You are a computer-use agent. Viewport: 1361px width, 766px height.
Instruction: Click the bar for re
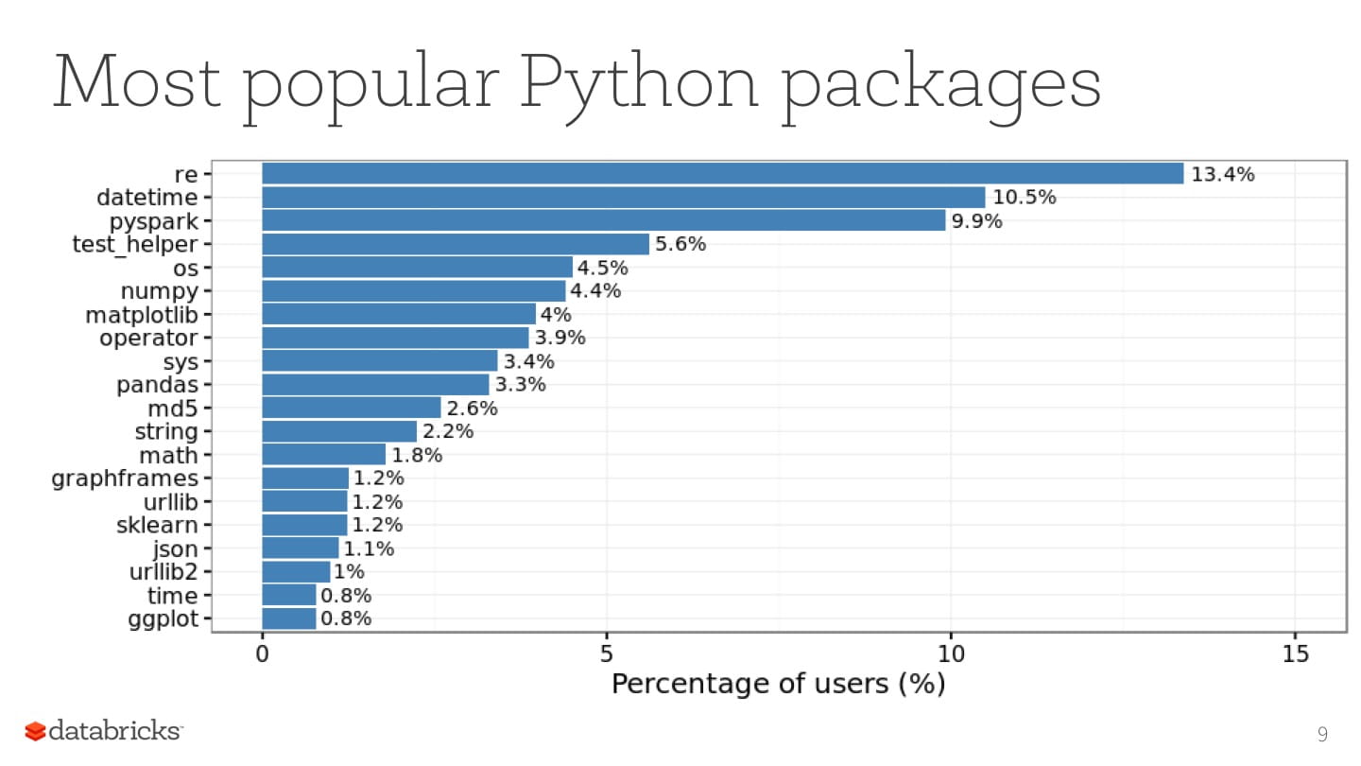pos(722,174)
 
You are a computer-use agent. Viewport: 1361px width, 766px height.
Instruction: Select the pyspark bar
pos(603,220)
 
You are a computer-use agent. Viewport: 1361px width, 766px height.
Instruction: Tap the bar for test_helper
pos(456,244)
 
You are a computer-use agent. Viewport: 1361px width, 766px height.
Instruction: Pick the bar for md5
pos(352,408)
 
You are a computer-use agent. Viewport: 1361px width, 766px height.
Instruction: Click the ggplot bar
pos(289,619)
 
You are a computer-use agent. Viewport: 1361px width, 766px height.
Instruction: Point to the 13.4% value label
pos(1222,174)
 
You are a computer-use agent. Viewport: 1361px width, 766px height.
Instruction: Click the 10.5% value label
pos(1024,198)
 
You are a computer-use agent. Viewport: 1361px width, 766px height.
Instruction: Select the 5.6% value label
pos(680,244)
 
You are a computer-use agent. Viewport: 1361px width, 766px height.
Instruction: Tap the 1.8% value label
pos(417,455)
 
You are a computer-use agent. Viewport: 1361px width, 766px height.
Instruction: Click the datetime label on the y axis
pos(147,198)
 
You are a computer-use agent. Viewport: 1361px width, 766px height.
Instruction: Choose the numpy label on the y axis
pos(159,291)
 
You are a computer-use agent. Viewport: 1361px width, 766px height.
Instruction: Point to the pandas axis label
pos(157,385)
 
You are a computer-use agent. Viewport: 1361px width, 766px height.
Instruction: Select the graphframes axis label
pos(125,479)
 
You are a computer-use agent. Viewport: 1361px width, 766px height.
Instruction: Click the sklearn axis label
pos(157,525)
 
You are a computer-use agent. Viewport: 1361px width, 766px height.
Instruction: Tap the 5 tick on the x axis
pos(607,653)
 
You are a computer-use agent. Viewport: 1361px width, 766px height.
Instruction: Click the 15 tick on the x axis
pos(1296,653)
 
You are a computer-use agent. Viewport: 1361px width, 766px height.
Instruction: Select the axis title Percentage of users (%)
pos(778,684)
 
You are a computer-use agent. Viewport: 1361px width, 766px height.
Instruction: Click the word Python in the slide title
pos(640,83)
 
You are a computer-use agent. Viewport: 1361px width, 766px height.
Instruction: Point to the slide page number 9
pos(1322,734)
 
